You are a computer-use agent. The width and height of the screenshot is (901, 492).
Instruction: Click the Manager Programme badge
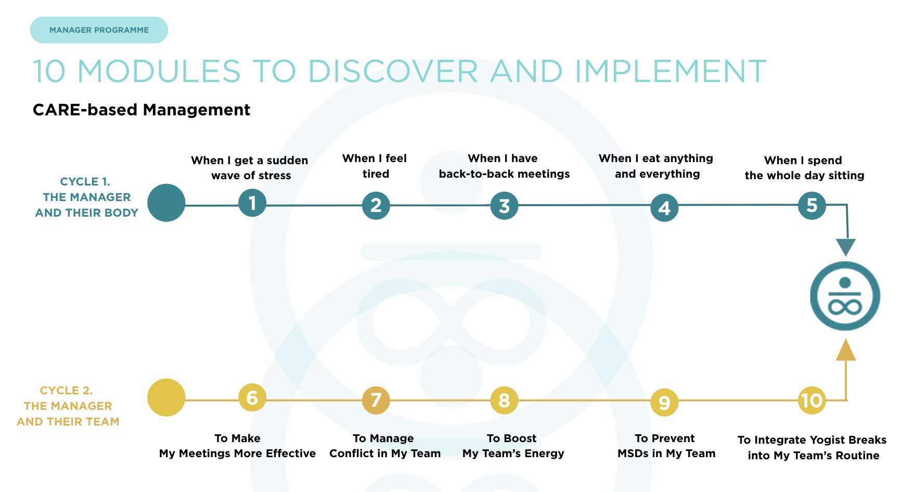coord(99,30)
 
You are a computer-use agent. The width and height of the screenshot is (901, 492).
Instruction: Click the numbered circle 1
coord(252,203)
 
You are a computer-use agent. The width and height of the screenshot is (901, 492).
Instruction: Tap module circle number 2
coord(376,205)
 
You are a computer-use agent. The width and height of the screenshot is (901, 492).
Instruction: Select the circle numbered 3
coord(504,206)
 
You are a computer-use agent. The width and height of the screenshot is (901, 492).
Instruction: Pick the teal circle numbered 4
coord(664,208)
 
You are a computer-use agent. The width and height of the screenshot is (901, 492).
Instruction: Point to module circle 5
coord(812,205)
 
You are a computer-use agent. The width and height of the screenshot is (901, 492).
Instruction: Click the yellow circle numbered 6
coord(252,398)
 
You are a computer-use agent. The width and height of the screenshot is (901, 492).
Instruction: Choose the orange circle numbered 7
coord(376,400)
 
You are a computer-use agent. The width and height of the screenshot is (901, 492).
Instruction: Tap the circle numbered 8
coord(504,401)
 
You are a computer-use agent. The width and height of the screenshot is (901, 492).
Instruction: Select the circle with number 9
coord(664,402)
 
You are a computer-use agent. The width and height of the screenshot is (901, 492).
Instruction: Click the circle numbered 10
coord(812,400)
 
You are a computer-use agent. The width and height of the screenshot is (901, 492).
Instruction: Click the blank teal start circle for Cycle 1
coord(166,203)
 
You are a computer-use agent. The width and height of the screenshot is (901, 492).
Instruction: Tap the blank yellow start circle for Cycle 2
coord(166,397)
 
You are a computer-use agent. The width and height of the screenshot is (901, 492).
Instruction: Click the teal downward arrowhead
coord(846,247)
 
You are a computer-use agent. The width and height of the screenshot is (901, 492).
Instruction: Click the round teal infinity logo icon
coord(845,296)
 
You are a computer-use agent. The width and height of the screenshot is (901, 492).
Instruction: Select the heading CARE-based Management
coord(141,110)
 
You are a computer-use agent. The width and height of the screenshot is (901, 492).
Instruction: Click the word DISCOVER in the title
coord(393,71)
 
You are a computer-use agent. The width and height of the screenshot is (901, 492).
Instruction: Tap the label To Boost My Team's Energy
coord(513,446)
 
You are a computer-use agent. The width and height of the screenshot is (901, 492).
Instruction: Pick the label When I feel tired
coord(375,166)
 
